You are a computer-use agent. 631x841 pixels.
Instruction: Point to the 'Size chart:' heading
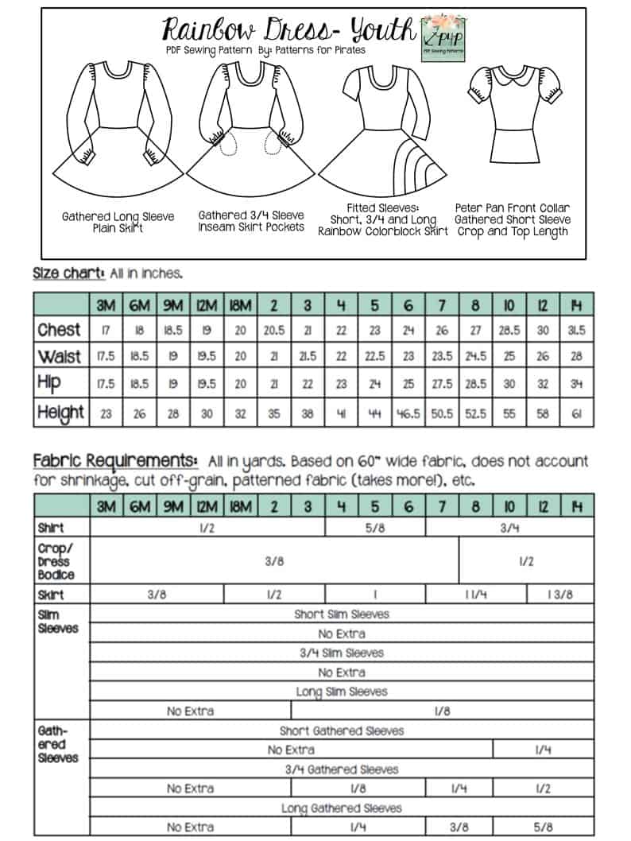tap(68, 273)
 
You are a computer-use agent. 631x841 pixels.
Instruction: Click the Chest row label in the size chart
tap(59, 330)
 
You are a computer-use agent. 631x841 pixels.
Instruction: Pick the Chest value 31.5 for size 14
tap(577, 330)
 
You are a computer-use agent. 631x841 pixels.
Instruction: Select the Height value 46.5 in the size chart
tap(408, 413)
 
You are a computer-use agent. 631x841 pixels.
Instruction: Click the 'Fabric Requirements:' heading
tap(115, 461)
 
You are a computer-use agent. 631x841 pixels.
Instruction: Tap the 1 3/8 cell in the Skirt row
tap(559, 595)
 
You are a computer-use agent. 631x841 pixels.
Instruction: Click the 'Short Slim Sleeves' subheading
tap(342, 614)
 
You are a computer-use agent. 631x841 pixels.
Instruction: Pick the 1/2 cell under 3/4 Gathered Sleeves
tap(544, 789)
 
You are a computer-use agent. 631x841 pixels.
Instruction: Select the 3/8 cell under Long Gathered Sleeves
tap(459, 827)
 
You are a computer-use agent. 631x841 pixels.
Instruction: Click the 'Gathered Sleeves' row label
tap(57, 744)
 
